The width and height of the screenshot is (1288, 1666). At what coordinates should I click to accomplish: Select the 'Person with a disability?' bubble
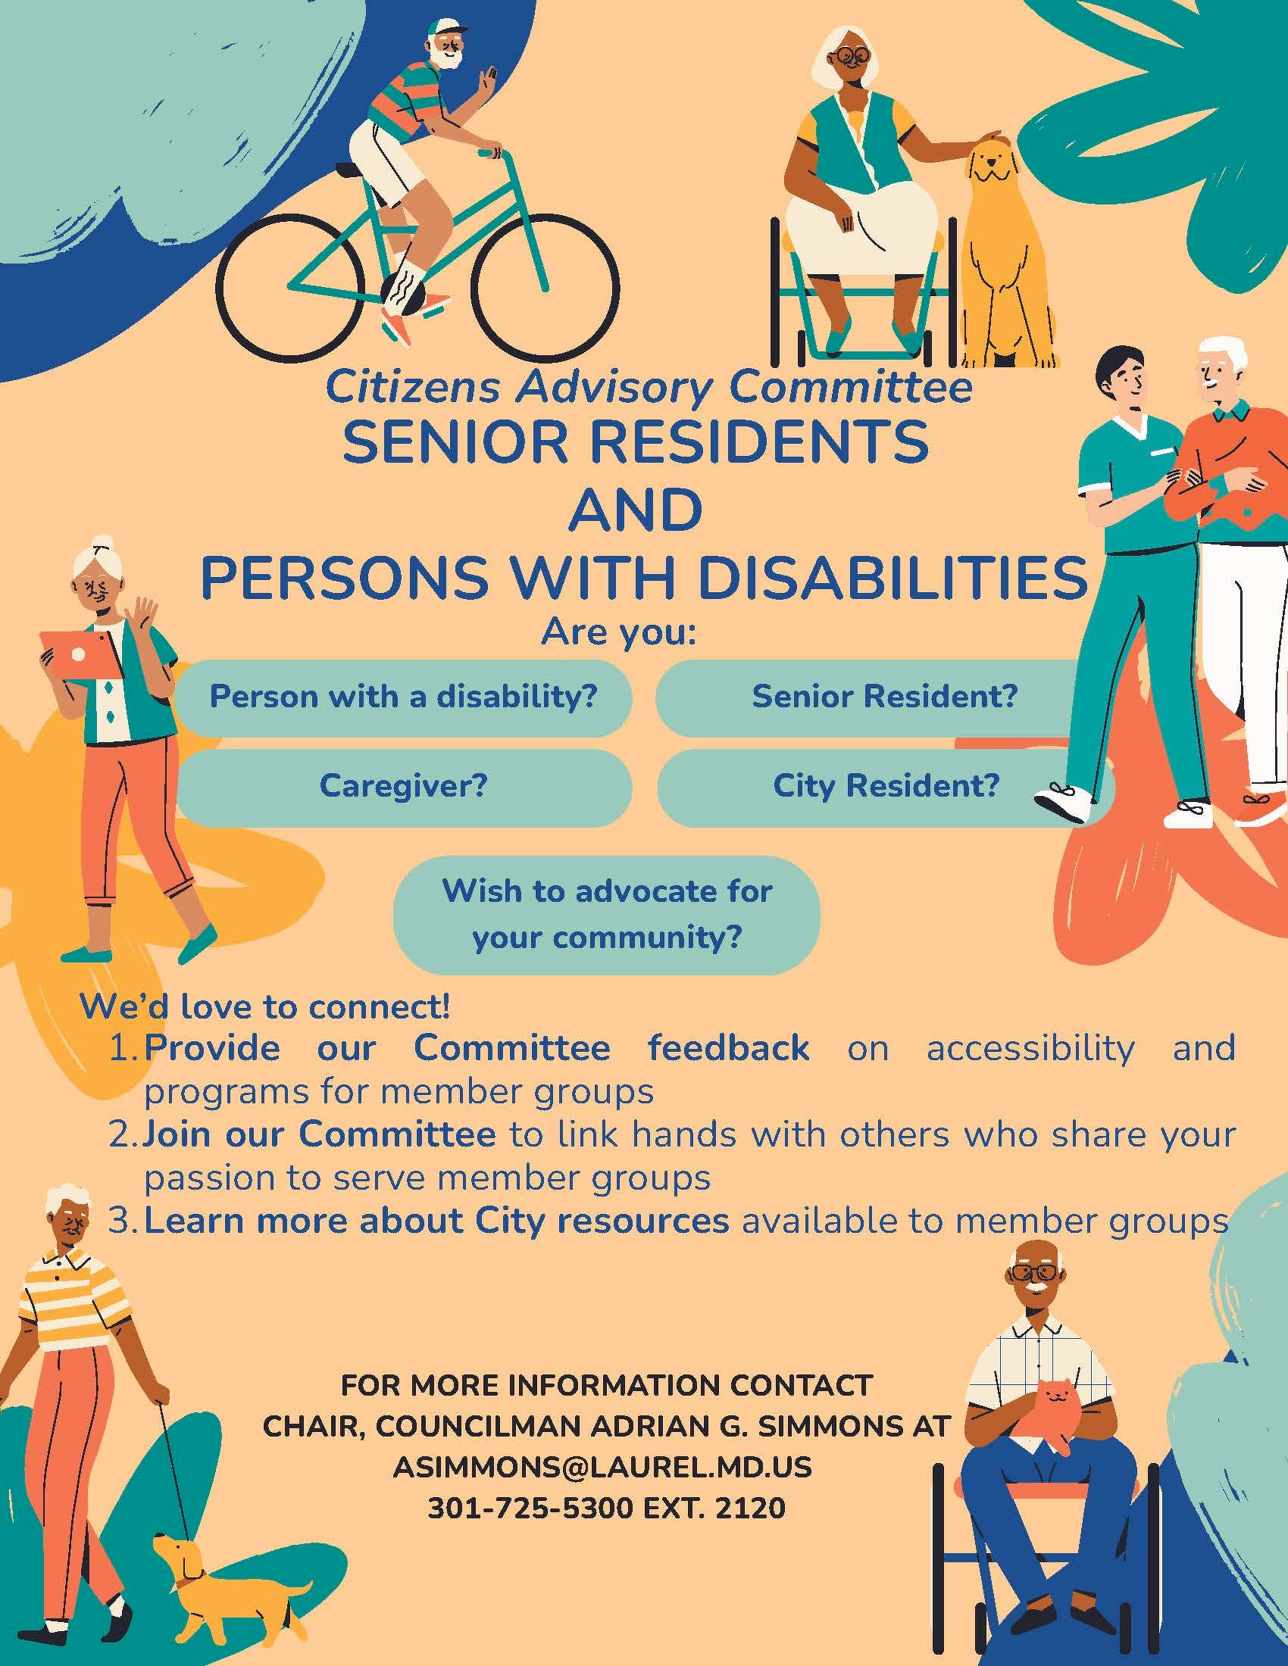point(404,697)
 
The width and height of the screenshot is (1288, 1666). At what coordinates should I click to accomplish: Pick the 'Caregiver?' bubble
point(404,787)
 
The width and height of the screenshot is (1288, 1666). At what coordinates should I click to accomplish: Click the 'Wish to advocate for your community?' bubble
point(607,915)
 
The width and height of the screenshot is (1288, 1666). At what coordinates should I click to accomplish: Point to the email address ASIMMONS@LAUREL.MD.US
point(602,1467)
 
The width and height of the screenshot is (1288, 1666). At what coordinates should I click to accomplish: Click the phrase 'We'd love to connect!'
point(264,1008)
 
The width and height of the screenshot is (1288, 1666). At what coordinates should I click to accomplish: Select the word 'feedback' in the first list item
point(728,1048)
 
